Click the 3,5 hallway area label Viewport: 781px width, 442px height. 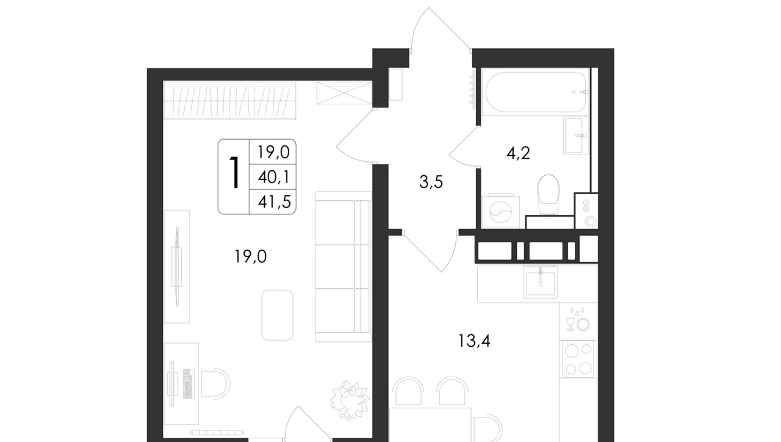(x=431, y=182)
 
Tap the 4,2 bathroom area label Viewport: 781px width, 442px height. (x=518, y=153)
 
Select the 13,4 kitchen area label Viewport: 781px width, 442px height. (x=474, y=341)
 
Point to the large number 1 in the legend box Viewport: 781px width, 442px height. (x=234, y=173)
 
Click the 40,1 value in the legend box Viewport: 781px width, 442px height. (x=274, y=177)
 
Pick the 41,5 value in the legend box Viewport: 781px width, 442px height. (x=274, y=201)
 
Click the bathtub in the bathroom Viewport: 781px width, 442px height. (x=535, y=92)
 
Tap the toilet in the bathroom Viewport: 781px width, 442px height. (x=549, y=194)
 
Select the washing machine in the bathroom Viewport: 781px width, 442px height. (x=501, y=211)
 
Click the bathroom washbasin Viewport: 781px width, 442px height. (x=576, y=136)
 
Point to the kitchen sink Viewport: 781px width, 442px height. (x=541, y=283)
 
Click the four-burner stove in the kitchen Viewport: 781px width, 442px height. (x=578, y=359)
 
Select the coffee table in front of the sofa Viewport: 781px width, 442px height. (x=277, y=315)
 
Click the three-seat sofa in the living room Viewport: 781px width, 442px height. (x=343, y=267)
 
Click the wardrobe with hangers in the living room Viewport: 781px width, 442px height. (x=230, y=101)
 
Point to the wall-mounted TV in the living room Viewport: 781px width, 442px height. (x=178, y=267)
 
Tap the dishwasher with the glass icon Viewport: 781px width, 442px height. (x=578, y=321)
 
